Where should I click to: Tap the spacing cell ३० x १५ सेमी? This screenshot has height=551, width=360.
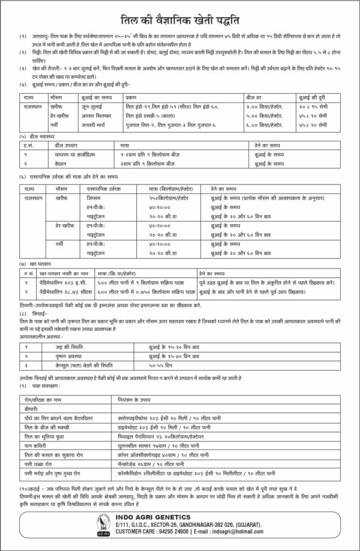click(314, 108)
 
